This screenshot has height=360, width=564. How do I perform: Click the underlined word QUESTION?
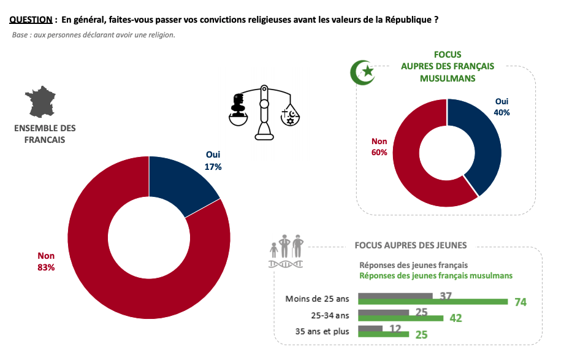(31, 20)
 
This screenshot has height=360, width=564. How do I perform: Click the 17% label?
(213, 166)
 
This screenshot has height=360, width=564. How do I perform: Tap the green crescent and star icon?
(362, 72)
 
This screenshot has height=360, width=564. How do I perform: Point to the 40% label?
(501, 112)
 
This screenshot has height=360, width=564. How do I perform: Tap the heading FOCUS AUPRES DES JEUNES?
(411, 245)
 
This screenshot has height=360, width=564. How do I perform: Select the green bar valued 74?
(433, 302)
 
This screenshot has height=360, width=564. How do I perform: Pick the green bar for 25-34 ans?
(400, 318)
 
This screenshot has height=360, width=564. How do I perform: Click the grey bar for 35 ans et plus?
(370, 328)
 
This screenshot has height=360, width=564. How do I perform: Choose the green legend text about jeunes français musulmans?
(436, 275)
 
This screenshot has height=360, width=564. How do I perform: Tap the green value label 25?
(421, 335)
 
